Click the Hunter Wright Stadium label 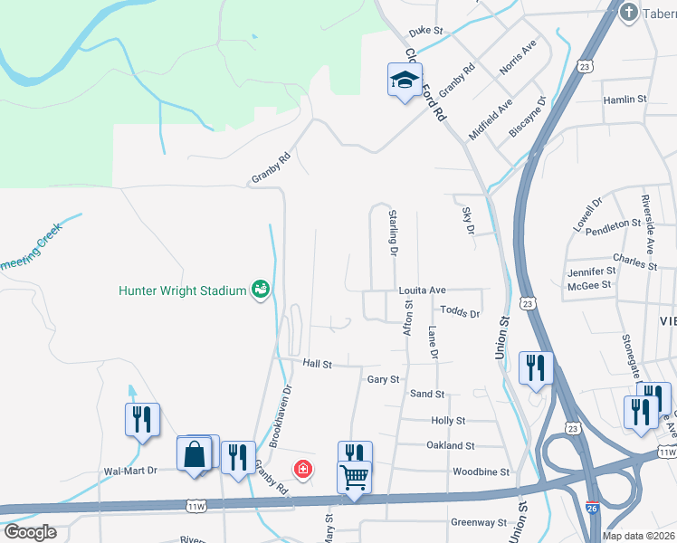(x=183, y=291)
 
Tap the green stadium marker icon (x=261, y=290)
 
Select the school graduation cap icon (x=405, y=81)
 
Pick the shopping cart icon (x=354, y=475)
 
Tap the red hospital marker (x=303, y=469)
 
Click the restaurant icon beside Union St (x=535, y=367)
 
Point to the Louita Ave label (x=423, y=291)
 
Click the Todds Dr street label (x=461, y=313)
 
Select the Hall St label (x=318, y=364)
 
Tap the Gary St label (x=383, y=379)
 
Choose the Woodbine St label (x=482, y=472)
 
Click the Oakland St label (x=451, y=445)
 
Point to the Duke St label (x=425, y=31)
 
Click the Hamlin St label (x=625, y=99)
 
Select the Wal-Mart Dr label (x=130, y=471)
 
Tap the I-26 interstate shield (x=591, y=509)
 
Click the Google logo (x=31, y=532)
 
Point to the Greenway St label (x=480, y=522)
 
